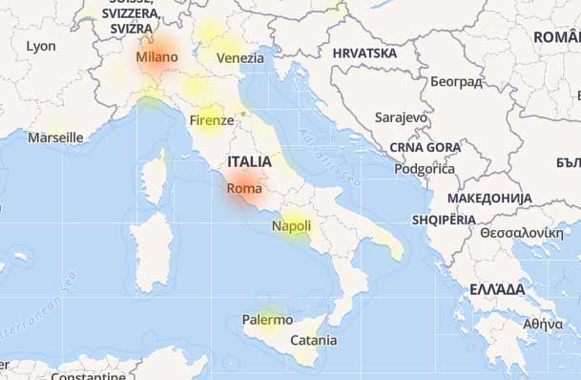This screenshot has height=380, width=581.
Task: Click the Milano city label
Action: [x=156, y=57]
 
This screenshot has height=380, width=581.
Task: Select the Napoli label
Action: [x=291, y=226]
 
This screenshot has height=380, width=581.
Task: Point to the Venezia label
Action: [x=239, y=58]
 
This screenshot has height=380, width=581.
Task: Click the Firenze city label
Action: [x=211, y=120]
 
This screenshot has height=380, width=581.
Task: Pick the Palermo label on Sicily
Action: [x=267, y=320]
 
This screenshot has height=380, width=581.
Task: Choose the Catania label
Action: [x=313, y=340]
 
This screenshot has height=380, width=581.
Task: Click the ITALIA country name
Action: [x=250, y=161]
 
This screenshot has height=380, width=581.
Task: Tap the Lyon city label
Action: [x=41, y=46]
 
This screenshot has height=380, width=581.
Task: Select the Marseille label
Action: [x=55, y=137]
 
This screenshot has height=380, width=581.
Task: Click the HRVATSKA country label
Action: [x=364, y=53]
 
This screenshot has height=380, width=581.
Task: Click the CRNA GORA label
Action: [x=425, y=147]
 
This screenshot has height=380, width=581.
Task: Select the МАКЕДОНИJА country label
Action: [x=490, y=198]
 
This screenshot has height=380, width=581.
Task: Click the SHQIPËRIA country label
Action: [x=444, y=220]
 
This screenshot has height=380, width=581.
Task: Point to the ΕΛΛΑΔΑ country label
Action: [x=497, y=288]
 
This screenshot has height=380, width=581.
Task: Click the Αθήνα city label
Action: [x=543, y=324]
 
